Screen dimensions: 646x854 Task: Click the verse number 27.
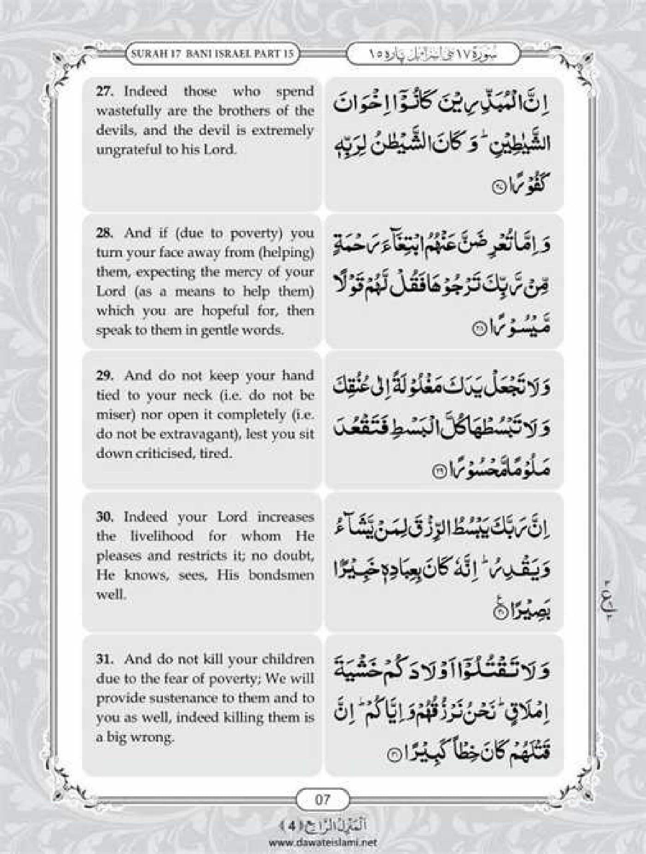click(x=104, y=91)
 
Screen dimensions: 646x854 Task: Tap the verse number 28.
click(x=104, y=233)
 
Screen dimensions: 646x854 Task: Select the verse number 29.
click(x=104, y=376)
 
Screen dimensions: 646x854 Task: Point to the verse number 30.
click(x=104, y=517)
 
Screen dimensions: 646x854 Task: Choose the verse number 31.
click(x=104, y=659)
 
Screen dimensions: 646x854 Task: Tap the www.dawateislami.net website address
click(x=323, y=842)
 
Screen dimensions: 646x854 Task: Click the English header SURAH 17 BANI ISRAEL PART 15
click(x=213, y=54)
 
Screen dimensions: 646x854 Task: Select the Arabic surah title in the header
click(x=433, y=54)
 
